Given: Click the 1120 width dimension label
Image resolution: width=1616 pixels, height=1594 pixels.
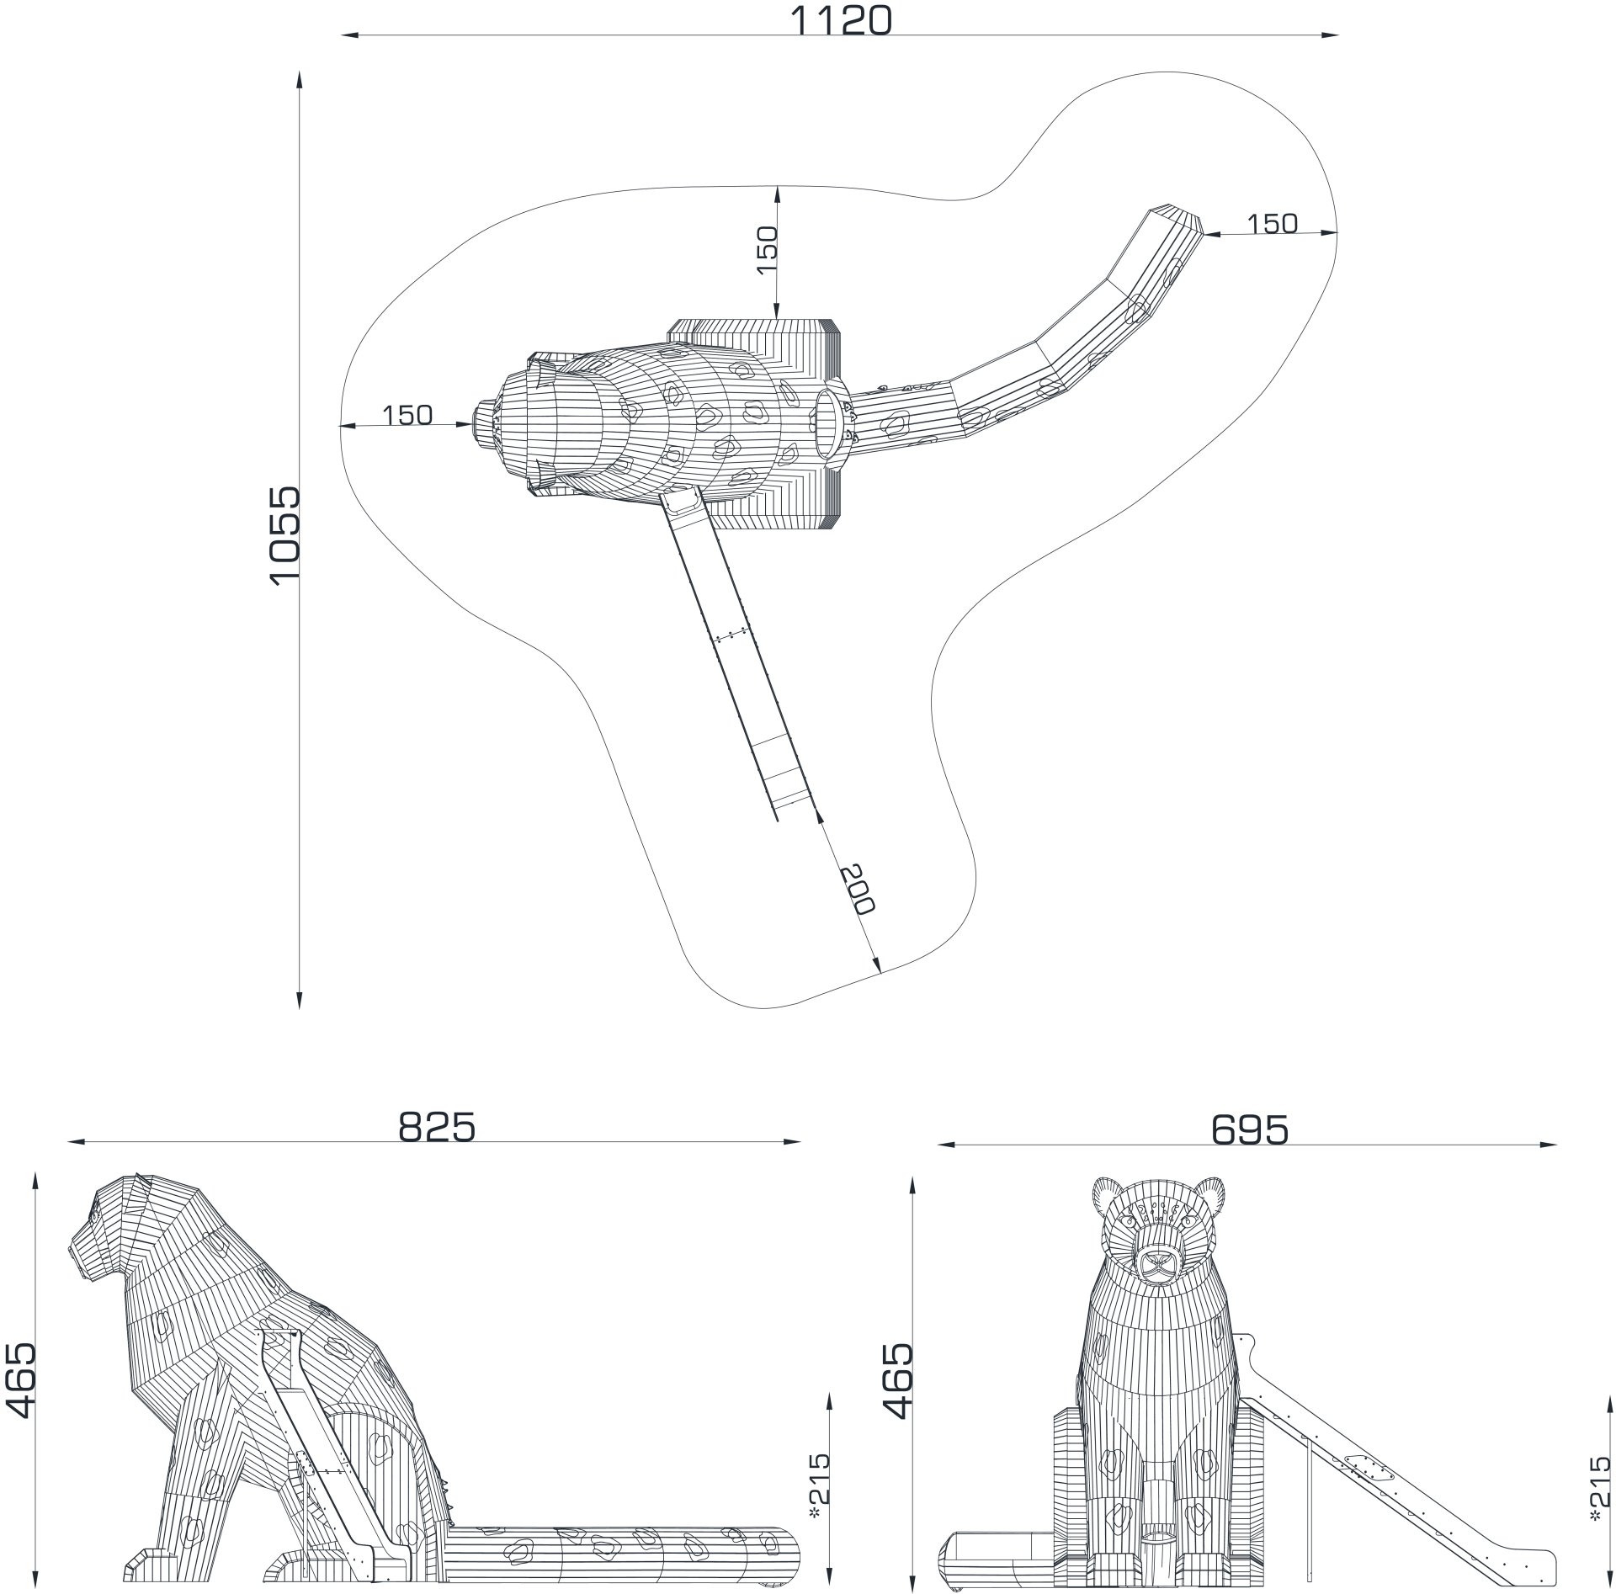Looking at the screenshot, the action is (840, 20).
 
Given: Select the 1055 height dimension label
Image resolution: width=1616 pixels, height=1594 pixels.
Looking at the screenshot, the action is (285, 533).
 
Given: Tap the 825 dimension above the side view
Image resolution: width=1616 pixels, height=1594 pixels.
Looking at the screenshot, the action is (437, 1128).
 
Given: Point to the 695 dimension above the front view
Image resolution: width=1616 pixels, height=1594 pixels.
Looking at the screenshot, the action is (1250, 1130).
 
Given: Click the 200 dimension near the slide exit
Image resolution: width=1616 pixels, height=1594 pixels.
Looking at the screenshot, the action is (858, 889).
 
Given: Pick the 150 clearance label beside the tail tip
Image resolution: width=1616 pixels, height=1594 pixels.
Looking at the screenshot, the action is (1272, 224).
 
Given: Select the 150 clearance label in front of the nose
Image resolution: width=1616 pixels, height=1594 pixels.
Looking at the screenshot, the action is (407, 415).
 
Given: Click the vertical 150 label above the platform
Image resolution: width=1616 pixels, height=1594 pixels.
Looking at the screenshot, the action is (767, 249).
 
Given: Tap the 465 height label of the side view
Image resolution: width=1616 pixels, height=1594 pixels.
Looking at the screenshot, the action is (20, 1379).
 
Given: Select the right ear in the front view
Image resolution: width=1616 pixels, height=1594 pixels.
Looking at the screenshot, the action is (1209, 1196).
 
